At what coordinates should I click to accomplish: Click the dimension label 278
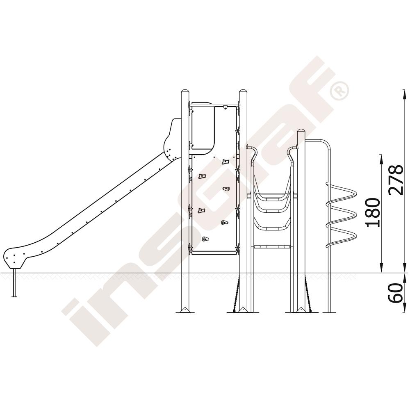click(395, 180)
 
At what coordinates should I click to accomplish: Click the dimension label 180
click(372, 212)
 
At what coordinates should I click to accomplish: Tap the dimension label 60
click(396, 293)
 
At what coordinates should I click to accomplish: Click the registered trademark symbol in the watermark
click(339, 90)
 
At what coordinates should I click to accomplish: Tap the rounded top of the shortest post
click(301, 131)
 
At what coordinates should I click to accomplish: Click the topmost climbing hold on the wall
click(225, 162)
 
